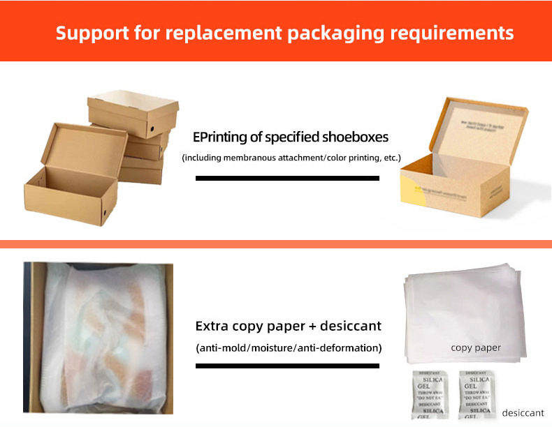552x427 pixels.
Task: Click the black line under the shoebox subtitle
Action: pos(287,178)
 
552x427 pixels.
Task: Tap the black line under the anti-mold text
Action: pos(287,366)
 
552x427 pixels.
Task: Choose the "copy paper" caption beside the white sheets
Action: pos(475,347)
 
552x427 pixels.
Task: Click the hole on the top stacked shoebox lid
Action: pos(153,130)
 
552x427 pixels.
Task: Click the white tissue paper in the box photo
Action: pos(98,335)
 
